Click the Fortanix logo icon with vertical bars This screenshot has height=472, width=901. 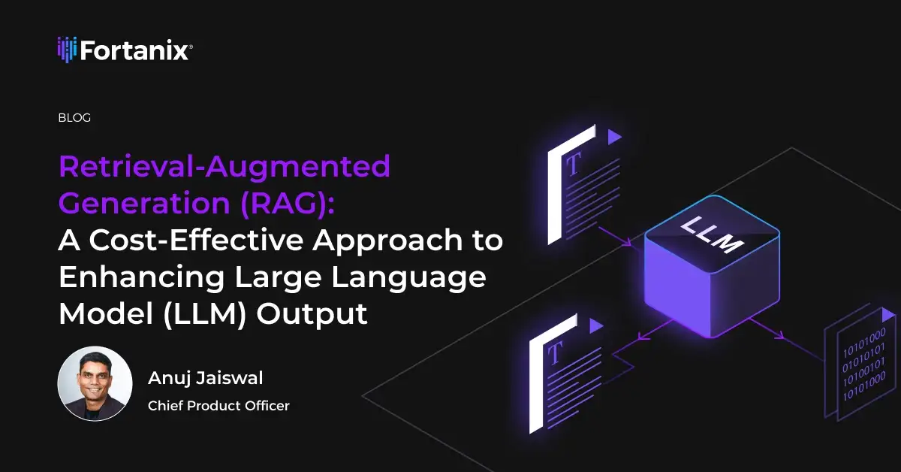click(67, 50)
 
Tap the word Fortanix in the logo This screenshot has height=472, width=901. click(134, 50)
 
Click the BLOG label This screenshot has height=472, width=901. click(74, 117)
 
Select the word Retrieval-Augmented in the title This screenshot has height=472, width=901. click(224, 166)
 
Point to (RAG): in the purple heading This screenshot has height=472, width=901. click(287, 203)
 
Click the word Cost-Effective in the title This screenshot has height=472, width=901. click(196, 240)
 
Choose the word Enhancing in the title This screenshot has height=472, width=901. click(142, 278)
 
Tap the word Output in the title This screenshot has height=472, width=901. click(312, 314)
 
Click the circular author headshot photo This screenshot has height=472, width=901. click(95, 383)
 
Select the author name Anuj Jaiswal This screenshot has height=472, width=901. click(206, 378)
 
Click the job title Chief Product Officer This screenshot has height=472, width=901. click(218, 406)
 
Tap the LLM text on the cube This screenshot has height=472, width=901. click(712, 234)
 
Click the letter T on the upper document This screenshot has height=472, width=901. click(573, 165)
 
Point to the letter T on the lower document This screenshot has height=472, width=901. click(555, 353)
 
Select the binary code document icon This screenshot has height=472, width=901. click(860, 365)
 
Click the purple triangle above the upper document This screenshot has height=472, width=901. click(614, 137)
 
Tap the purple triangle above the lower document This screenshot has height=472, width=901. click(595, 325)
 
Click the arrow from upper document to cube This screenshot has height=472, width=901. click(615, 237)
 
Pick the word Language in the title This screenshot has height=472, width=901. click(408, 278)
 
